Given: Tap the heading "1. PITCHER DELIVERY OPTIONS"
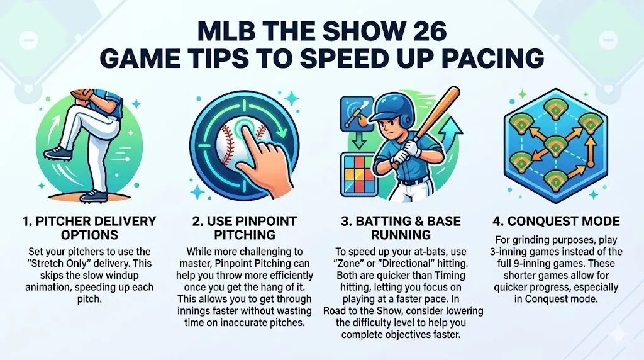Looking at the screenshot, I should coord(89,228).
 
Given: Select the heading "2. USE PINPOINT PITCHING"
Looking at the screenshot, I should coord(245,228).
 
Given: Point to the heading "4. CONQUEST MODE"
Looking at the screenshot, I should coord(556,221).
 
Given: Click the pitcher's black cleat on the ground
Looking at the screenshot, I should coord(94,196).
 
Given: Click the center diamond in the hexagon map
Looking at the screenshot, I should coord(555,146).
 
